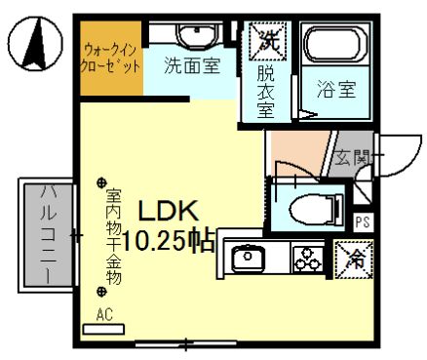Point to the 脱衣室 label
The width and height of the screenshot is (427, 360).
(266, 90)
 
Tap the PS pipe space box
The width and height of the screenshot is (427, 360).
(362, 221)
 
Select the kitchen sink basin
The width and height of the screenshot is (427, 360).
(251, 259)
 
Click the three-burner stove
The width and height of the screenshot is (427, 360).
(306, 260)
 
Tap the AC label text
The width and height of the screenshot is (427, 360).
(103, 314)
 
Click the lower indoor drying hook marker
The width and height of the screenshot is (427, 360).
(101, 291)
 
